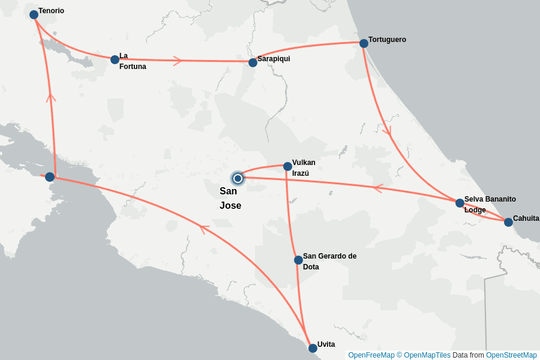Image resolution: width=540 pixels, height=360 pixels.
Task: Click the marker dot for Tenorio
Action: (x=34, y=14)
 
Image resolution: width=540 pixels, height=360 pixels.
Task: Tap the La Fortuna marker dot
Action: (x=115, y=59)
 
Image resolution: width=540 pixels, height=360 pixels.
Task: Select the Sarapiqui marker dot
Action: (x=253, y=62)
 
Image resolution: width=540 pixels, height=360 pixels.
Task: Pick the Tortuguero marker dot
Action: (x=364, y=43)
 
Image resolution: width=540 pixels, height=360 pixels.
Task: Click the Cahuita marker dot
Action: (x=508, y=222)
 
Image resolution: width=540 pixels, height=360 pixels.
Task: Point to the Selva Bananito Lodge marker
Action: (x=460, y=203)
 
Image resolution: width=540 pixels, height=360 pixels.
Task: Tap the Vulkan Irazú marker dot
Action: (x=287, y=166)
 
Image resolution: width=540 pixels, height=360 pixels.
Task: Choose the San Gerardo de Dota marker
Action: (x=298, y=260)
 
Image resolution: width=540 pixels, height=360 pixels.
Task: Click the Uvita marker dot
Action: (x=313, y=348)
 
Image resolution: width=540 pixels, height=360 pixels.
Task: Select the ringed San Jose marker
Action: (x=238, y=178)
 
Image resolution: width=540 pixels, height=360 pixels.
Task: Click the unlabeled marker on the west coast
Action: (x=50, y=177)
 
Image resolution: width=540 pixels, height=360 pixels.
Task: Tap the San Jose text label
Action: (x=230, y=199)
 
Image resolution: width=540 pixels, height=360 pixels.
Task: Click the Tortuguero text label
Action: (x=387, y=40)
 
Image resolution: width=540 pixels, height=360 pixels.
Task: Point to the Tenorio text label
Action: (x=51, y=11)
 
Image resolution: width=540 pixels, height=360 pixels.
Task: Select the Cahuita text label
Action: (x=526, y=218)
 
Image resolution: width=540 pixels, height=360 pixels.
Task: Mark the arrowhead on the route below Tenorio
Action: (x=51, y=97)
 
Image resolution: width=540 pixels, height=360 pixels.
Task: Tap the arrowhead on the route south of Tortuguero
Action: (x=387, y=130)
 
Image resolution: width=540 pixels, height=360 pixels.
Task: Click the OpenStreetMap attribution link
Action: (x=511, y=355)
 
